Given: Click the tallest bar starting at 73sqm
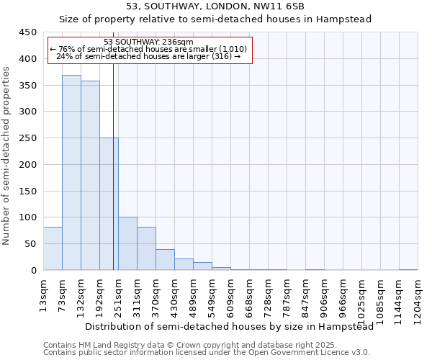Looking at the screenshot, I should pyautogui.click(x=71, y=173).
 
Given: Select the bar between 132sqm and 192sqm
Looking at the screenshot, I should pyautogui.click(x=90, y=176).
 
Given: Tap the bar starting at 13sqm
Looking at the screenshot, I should pyautogui.click(x=53, y=248).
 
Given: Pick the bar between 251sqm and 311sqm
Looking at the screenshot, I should pyautogui.click(x=127, y=243).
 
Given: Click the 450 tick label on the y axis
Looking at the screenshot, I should pyautogui.click(x=27, y=32).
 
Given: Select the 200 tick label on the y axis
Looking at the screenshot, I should pyautogui.click(x=27, y=165).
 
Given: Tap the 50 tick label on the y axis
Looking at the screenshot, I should pyautogui.click(x=30, y=244).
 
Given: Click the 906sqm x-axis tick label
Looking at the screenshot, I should pyautogui.click(x=325, y=296).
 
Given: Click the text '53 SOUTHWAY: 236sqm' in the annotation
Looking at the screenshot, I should pyautogui.click(x=148, y=42).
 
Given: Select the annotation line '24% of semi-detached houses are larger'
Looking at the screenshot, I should pyautogui.click(x=148, y=56).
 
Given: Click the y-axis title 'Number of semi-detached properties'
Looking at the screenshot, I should pyautogui.click(x=6, y=156).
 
